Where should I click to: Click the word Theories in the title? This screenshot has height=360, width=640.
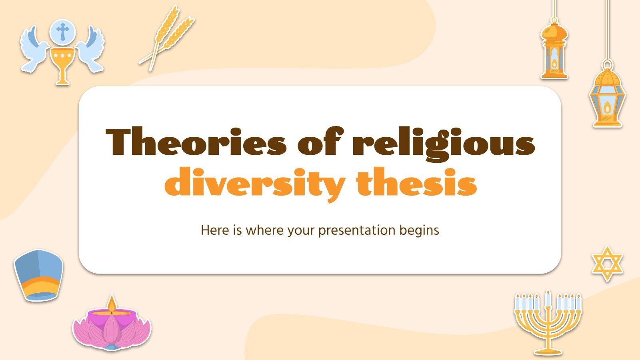coord(196,142)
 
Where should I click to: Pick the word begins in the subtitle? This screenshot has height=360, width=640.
coord(419,231)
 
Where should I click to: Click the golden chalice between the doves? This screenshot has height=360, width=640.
coord(62,64)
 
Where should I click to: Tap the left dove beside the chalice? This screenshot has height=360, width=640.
coord(34,50)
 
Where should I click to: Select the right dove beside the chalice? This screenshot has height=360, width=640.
coord(90,50)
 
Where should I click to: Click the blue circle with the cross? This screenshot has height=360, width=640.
coord(62,31)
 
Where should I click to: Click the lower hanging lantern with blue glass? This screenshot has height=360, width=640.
coord(607,98)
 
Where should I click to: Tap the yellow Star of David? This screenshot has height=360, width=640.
coord(607,264)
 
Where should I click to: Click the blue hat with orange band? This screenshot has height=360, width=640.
coord(38,274)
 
